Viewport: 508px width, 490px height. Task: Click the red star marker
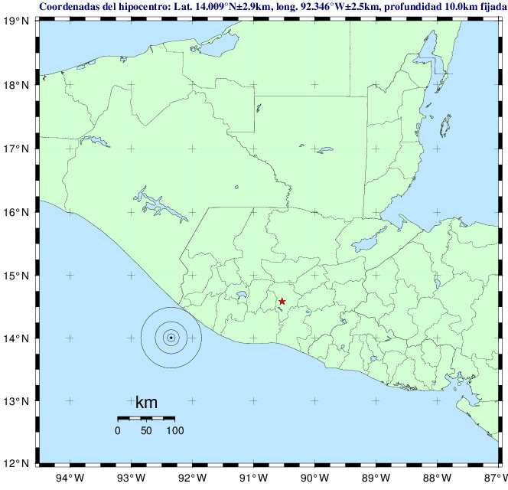(x=282, y=302)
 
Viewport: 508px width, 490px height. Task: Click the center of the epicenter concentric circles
(x=171, y=337)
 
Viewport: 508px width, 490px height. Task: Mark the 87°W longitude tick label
(x=493, y=479)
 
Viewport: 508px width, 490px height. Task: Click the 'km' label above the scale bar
(x=146, y=403)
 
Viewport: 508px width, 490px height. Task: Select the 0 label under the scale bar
(x=117, y=430)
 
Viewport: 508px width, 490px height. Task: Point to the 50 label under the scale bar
(x=145, y=430)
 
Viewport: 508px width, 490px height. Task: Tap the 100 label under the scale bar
(x=174, y=430)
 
